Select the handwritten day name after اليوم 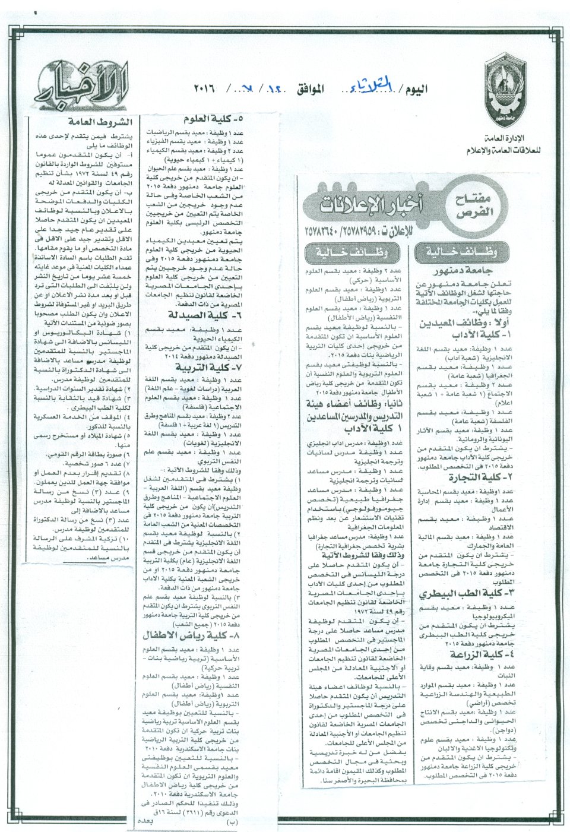click(378, 90)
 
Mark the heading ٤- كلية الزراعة click(478, 655)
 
